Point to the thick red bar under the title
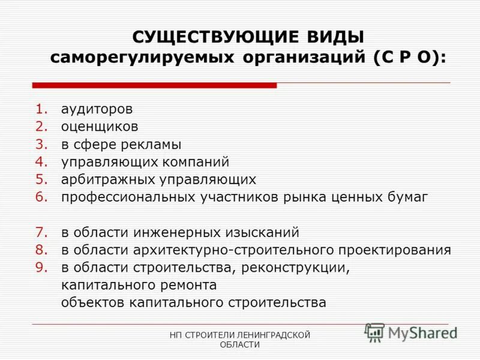pyautogui.click(x=154, y=85)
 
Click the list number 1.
pyautogui.click(x=41, y=110)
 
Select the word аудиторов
pyautogui.click(x=97, y=110)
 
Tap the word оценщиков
pyautogui.click(x=100, y=127)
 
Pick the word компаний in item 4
pyautogui.click(x=196, y=162)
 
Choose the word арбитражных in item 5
pyautogui.click(x=106, y=179)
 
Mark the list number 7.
pyautogui.click(x=41, y=232)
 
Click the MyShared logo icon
pyautogui.click(x=374, y=332)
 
